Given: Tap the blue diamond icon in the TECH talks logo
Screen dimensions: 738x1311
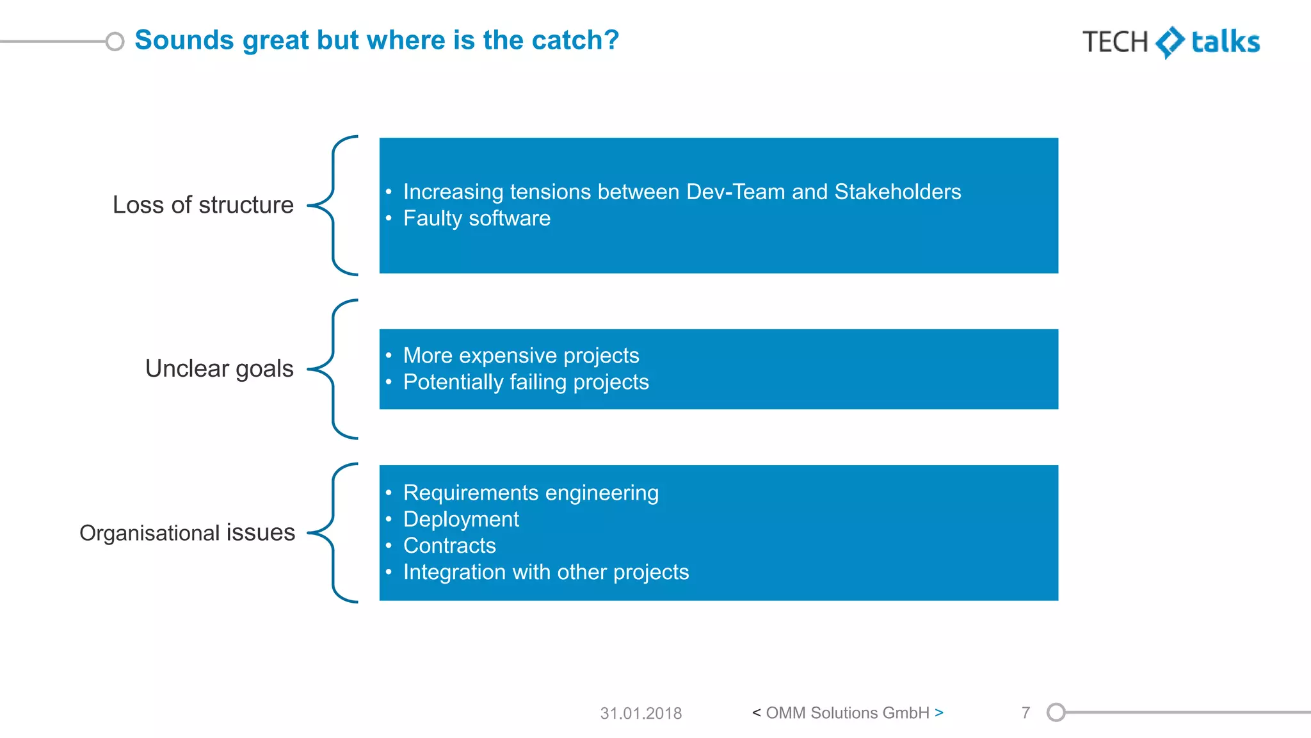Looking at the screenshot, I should pyautogui.click(x=1170, y=42).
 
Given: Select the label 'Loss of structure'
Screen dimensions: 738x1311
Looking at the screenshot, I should pyautogui.click(x=203, y=205).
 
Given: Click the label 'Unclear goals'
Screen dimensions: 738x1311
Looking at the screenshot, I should pyautogui.click(x=219, y=369).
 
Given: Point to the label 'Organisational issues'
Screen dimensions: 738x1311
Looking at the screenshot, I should pyautogui.click(x=187, y=533).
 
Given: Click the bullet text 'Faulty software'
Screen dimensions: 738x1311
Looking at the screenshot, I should pyautogui.click(x=476, y=218).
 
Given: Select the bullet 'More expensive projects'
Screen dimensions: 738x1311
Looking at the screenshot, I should pyautogui.click(x=521, y=356).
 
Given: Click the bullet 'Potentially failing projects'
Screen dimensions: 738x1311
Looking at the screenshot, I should pyautogui.click(x=526, y=382).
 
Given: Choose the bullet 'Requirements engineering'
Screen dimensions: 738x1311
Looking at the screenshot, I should pyautogui.click(x=531, y=493).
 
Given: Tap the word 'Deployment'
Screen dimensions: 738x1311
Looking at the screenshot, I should pyautogui.click(x=461, y=519).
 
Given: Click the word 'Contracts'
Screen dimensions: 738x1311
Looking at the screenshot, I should pyautogui.click(x=449, y=546).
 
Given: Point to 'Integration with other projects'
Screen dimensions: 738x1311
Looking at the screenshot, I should pyautogui.click(x=546, y=572).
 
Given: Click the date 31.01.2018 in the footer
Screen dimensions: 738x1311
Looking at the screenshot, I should pyautogui.click(x=641, y=713).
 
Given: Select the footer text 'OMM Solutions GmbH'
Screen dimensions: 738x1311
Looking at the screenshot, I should pyautogui.click(x=848, y=713).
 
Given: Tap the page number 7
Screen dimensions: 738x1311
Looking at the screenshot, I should pyautogui.click(x=1025, y=713).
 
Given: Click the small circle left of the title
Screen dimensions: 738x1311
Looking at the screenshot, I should pyautogui.click(x=115, y=42).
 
